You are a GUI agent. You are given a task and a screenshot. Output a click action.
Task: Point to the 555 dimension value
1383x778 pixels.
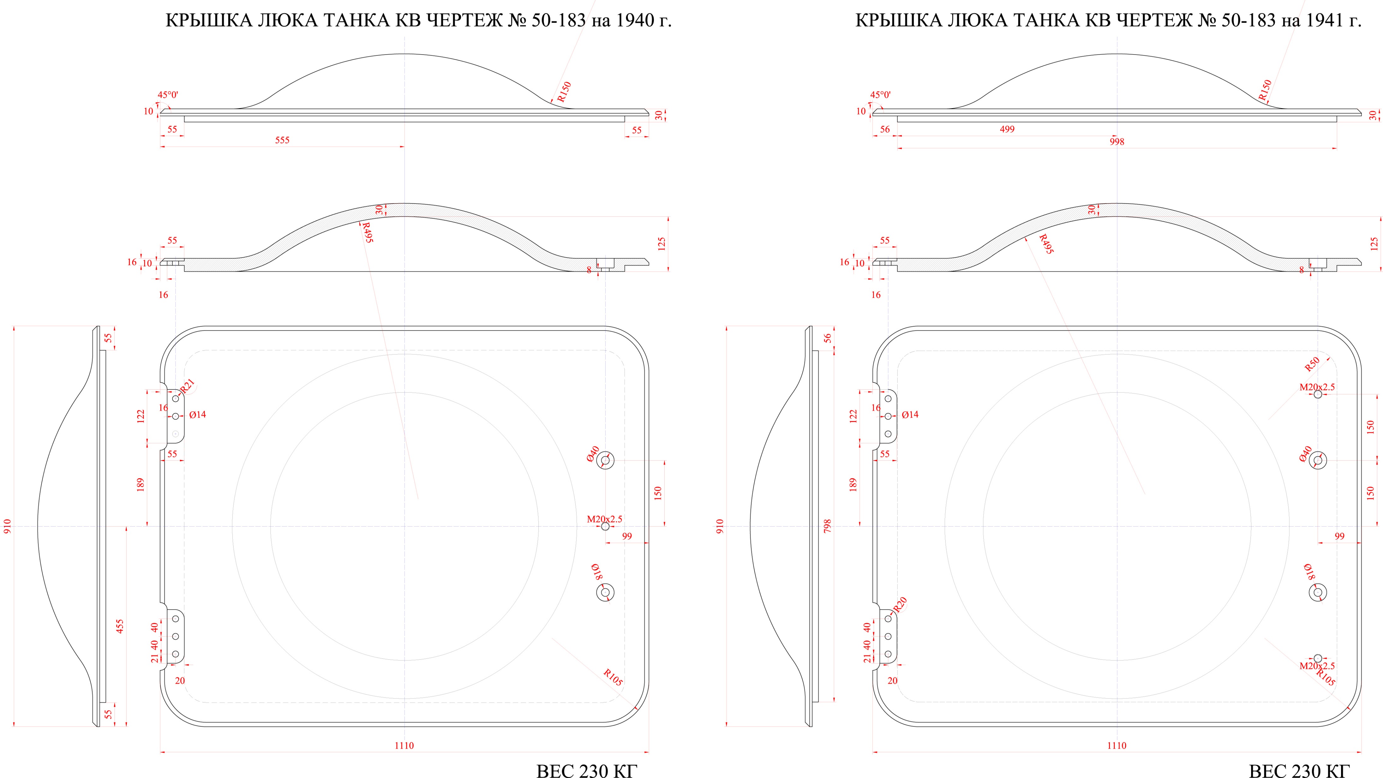coord(282,140)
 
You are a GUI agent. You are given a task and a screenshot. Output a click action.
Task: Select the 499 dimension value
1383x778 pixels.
coord(1007,129)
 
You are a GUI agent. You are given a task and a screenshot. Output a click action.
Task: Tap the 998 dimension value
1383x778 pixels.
coord(1117,142)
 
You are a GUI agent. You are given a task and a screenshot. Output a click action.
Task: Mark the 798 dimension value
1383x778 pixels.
coord(827,526)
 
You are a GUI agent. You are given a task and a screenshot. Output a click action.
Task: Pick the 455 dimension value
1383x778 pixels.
coord(120,626)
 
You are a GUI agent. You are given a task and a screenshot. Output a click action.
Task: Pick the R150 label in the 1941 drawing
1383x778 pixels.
coord(1265,91)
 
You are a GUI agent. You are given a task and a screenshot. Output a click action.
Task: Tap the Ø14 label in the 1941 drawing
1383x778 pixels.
coord(910,414)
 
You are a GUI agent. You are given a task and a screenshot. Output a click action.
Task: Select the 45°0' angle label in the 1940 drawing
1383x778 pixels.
coord(168,95)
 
